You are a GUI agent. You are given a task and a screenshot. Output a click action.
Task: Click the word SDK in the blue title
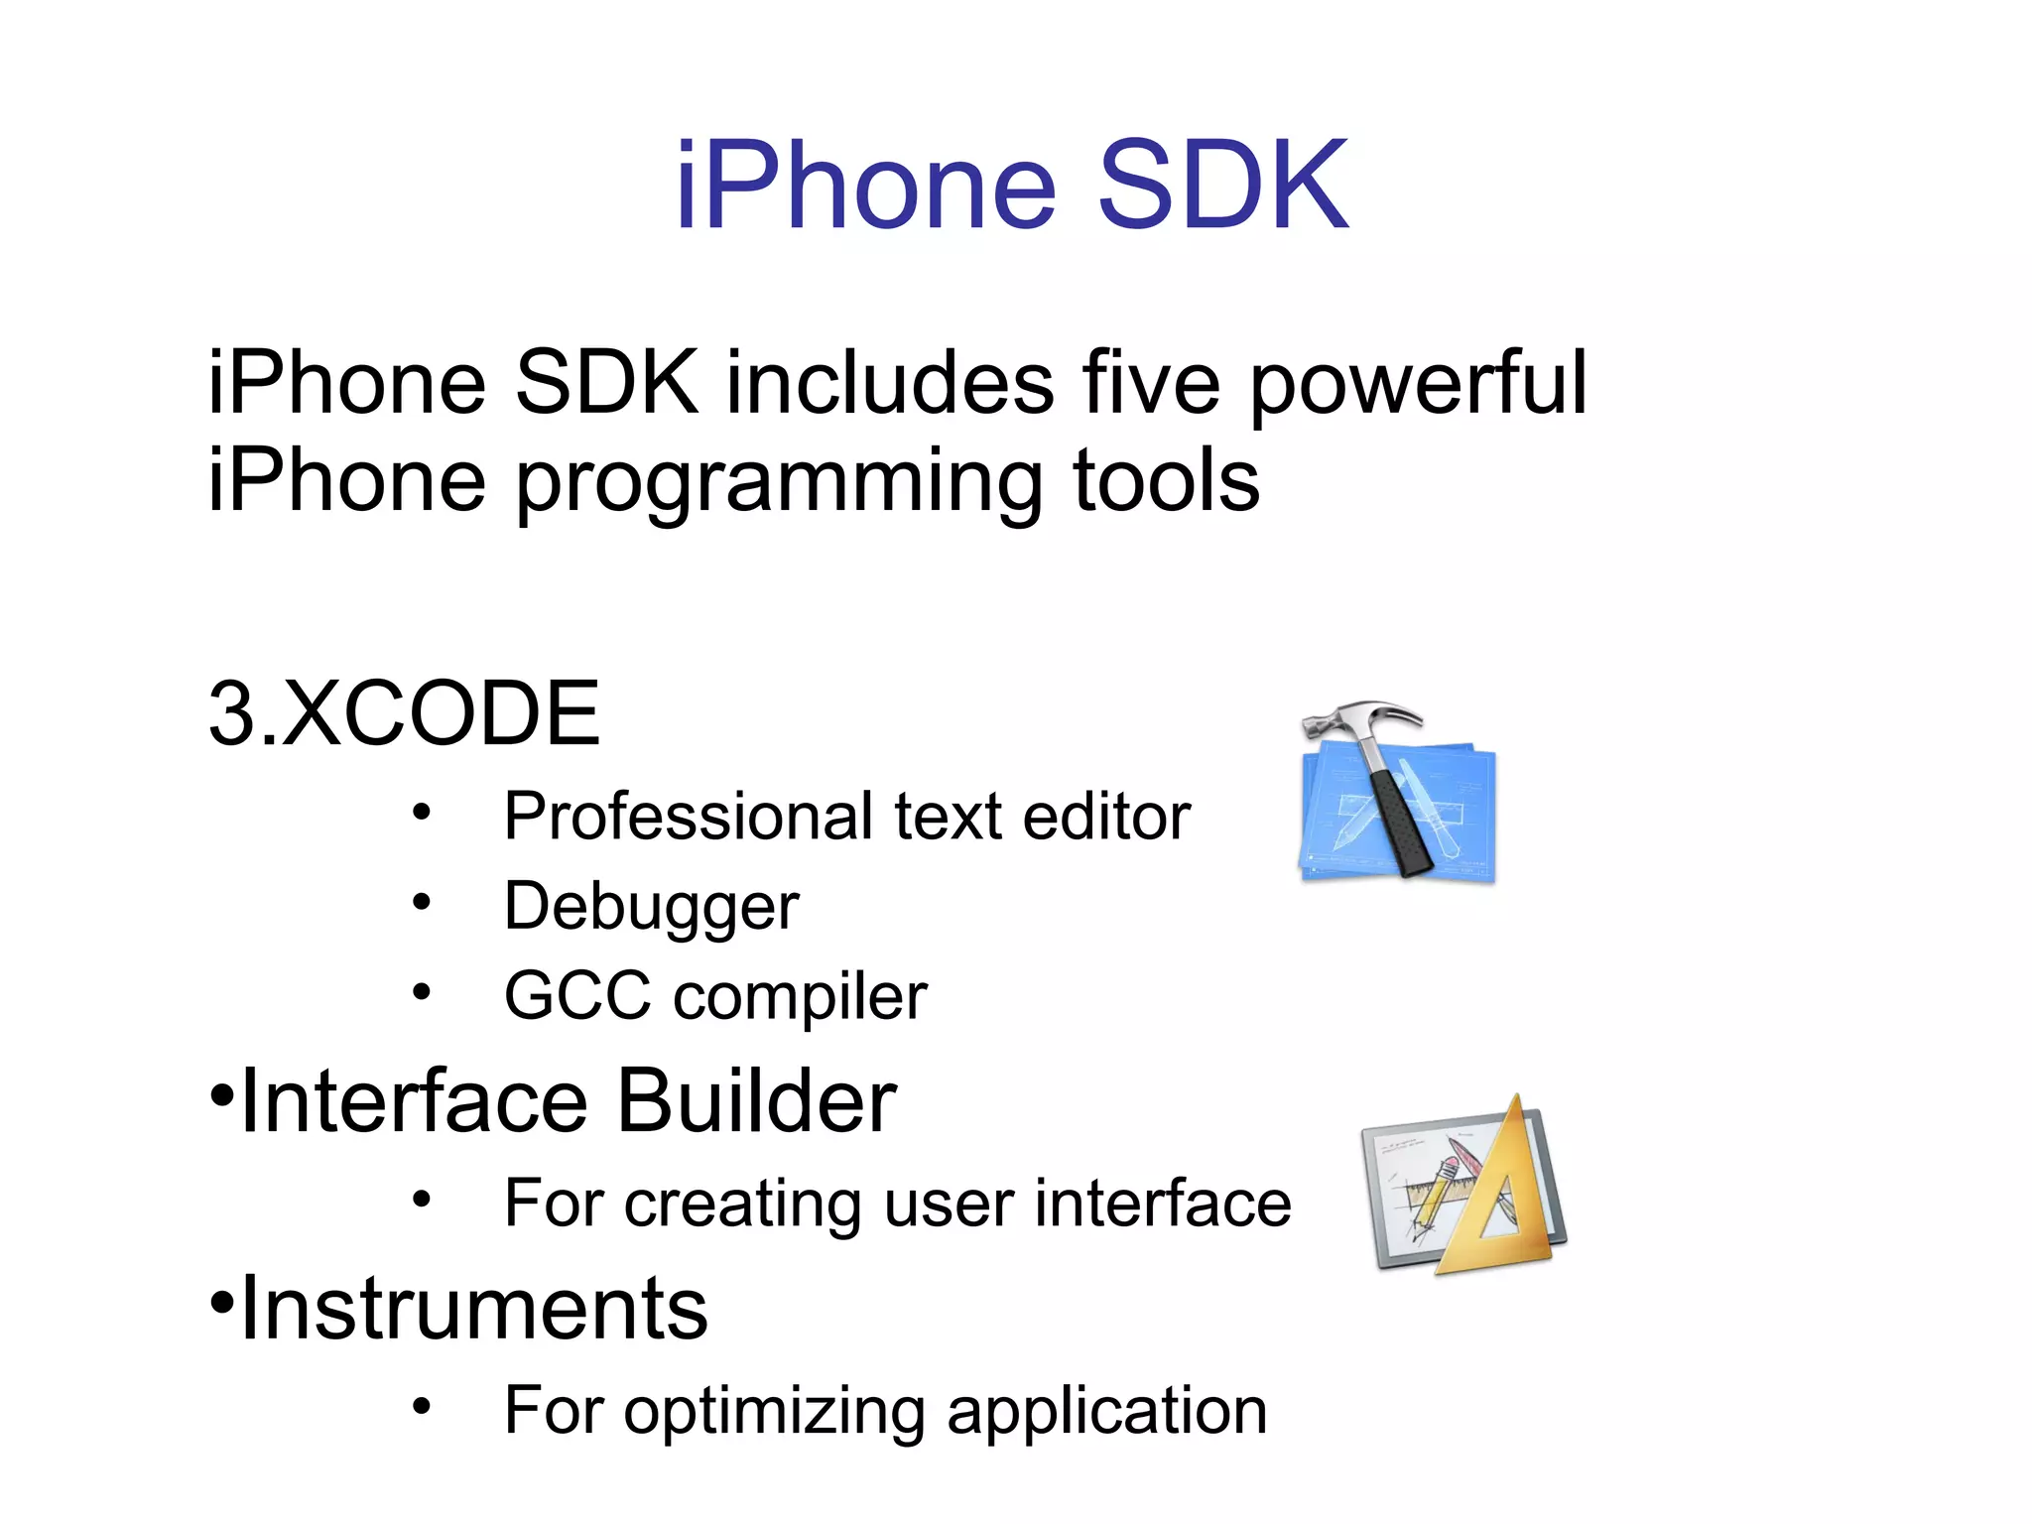1222,186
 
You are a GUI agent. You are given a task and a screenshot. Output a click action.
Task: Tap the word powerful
1418,385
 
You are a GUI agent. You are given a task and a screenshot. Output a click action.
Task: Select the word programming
779,483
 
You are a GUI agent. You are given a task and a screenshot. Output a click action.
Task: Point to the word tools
1166,481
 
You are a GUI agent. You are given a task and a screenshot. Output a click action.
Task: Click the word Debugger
651,907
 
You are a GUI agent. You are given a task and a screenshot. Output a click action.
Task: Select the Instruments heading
474,1309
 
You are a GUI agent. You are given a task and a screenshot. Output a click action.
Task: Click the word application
1106,1412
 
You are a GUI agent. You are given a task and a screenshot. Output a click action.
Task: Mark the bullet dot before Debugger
422,902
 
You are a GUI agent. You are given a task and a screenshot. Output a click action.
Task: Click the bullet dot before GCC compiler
422,991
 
